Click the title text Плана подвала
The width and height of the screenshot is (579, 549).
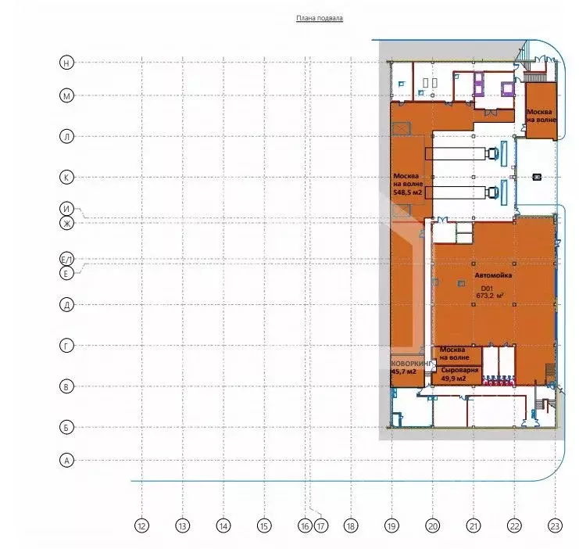point(319,17)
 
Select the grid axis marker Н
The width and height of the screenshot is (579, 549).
point(67,62)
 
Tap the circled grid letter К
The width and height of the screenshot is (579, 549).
point(67,178)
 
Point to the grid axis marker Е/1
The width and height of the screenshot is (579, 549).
point(67,259)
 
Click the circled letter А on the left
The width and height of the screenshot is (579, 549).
point(67,461)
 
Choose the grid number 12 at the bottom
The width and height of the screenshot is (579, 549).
point(141,526)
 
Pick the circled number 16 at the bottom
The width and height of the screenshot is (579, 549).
point(306,526)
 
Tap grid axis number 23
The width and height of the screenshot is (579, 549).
point(555,526)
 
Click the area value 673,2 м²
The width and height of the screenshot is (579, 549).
point(489,296)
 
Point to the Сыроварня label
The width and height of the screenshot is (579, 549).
point(454,369)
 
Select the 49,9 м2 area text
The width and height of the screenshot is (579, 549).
point(454,379)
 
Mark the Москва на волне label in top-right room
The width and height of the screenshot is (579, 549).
point(541,115)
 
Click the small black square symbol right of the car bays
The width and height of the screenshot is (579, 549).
point(536,178)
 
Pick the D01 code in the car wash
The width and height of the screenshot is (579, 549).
point(489,287)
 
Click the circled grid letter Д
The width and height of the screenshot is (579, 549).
point(67,304)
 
